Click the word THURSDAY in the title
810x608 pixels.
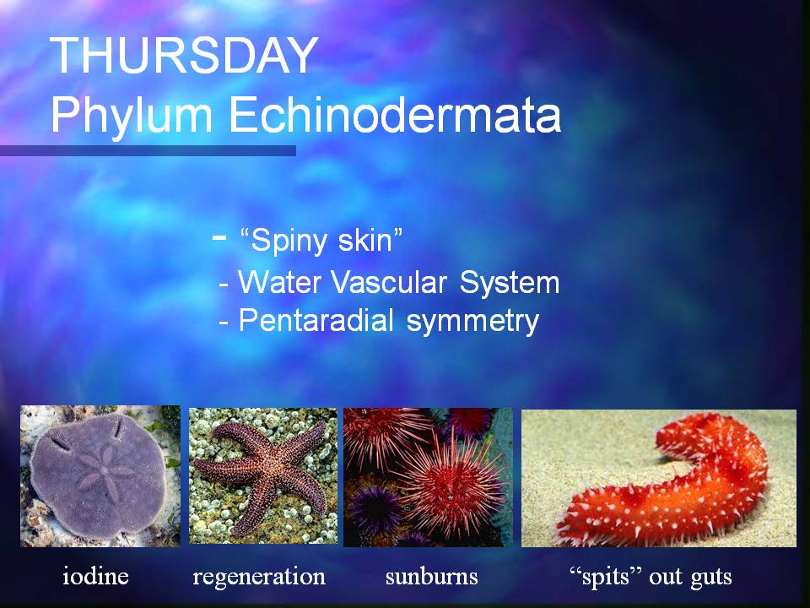pos(183,56)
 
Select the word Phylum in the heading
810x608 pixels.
pos(132,115)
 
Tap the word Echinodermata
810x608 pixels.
pos(395,114)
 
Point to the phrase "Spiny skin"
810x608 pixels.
pos(321,241)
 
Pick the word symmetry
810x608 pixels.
pos(472,322)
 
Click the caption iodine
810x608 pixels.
pos(95,575)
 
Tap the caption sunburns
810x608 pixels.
pos(431,576)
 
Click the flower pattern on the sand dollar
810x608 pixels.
pos(105,472)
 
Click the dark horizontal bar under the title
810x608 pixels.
pos(148,151)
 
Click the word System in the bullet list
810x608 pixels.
pos(510,284)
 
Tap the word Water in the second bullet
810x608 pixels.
pos(280,282)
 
